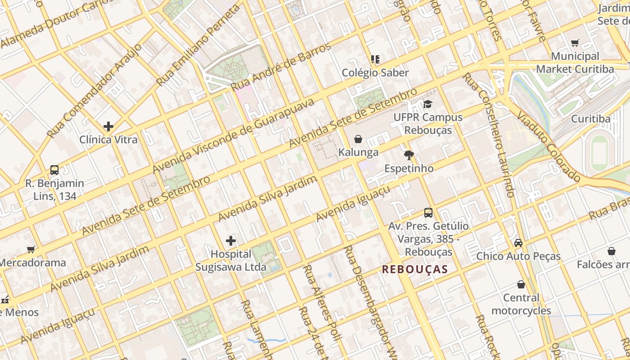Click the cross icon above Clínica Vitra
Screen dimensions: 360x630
pos(108,126)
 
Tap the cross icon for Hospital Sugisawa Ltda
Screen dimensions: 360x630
pos(231,241)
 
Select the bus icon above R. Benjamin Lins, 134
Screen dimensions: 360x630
pos(54,170)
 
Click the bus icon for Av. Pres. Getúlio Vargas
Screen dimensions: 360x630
pos(428,213)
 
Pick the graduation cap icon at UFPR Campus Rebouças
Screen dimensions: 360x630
pos(427,104)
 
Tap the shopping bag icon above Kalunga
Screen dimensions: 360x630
pos(358,139)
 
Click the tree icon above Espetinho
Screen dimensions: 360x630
pos(409,156)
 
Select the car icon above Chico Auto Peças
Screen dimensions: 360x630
pos(518,243)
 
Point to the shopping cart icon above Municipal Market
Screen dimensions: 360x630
pos(575,43)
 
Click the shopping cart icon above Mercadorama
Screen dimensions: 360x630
pos(31,249)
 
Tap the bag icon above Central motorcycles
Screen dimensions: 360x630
pos(521,284)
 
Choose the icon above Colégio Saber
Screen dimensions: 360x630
pos(375,59)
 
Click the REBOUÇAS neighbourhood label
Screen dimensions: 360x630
pos(415,270)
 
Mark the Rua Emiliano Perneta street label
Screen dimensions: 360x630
pos(198,47)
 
